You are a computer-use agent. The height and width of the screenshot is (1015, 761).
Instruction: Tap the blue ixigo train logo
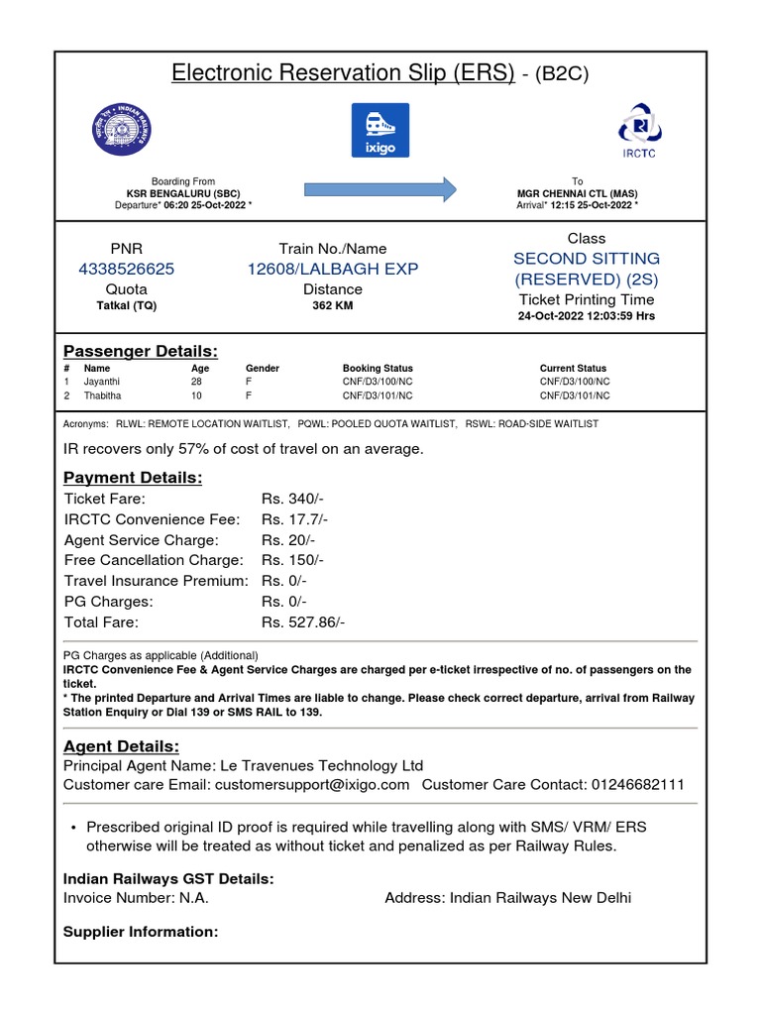coord(380,130)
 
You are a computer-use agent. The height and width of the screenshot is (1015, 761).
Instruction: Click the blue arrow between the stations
coord(380,188)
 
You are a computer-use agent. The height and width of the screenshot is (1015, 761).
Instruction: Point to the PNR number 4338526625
coord(126,269)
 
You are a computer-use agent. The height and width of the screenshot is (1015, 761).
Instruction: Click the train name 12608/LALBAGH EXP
coord(333,269)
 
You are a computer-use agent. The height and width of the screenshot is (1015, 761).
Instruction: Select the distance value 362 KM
coord(333,306)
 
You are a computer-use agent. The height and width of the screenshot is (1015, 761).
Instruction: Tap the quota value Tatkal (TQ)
coord(126,306)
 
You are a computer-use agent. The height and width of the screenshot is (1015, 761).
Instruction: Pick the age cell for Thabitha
coord(197,395)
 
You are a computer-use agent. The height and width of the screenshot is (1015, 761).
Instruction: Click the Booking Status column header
coord(378,368)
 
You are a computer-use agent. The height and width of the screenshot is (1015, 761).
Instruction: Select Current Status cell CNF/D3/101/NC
coord(575,395)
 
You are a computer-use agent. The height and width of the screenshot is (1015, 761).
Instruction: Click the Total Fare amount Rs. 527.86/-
coord(303,622)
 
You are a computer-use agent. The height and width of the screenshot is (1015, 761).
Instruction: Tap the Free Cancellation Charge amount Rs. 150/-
coord(292,560)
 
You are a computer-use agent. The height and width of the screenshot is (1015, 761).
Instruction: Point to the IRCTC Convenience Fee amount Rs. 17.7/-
coord(294,519)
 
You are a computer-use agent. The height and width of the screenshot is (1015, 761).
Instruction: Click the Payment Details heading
coord(133,478)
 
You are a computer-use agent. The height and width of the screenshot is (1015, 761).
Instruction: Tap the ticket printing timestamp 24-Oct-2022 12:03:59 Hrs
coord(587,316)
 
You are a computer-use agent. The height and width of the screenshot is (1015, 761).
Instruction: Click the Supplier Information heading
coord(141,932)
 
